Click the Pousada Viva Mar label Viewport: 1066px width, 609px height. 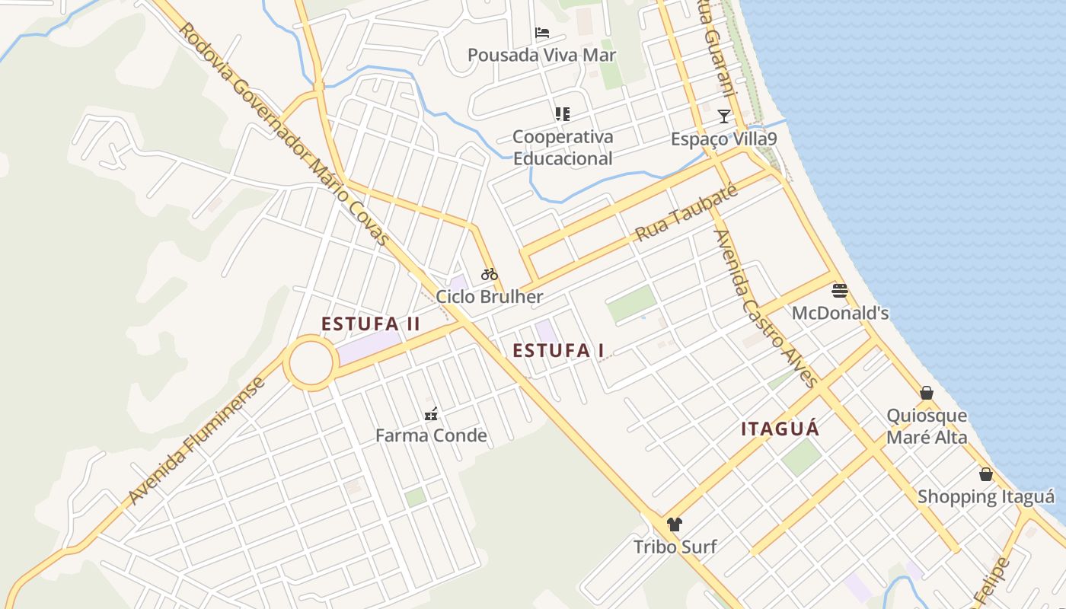(541, 55)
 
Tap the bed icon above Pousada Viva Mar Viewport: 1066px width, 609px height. (542, 33)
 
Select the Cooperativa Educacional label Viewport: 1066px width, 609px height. (563, 148)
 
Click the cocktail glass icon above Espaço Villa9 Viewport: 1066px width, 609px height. (724, 116)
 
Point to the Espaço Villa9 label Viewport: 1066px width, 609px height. (724, 139)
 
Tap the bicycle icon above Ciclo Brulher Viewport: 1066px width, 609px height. (489, 274)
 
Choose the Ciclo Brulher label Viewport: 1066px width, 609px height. (490, 297)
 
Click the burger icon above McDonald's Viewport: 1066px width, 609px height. (840, 290)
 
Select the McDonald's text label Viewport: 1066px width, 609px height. (840, 313)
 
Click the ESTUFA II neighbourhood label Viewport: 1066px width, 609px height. (371, 324)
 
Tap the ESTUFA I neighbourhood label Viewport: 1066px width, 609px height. (558, 351)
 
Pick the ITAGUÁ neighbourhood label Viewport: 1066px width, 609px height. (780, 429)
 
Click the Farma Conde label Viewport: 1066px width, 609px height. (431, 435)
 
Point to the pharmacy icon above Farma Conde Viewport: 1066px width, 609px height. (431, 414)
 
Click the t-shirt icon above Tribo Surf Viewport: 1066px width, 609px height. (675, 524)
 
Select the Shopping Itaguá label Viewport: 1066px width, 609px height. (986, 497)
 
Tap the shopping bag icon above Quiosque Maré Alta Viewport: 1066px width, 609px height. (927, 393)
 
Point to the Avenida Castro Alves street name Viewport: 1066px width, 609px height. (765, 308)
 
